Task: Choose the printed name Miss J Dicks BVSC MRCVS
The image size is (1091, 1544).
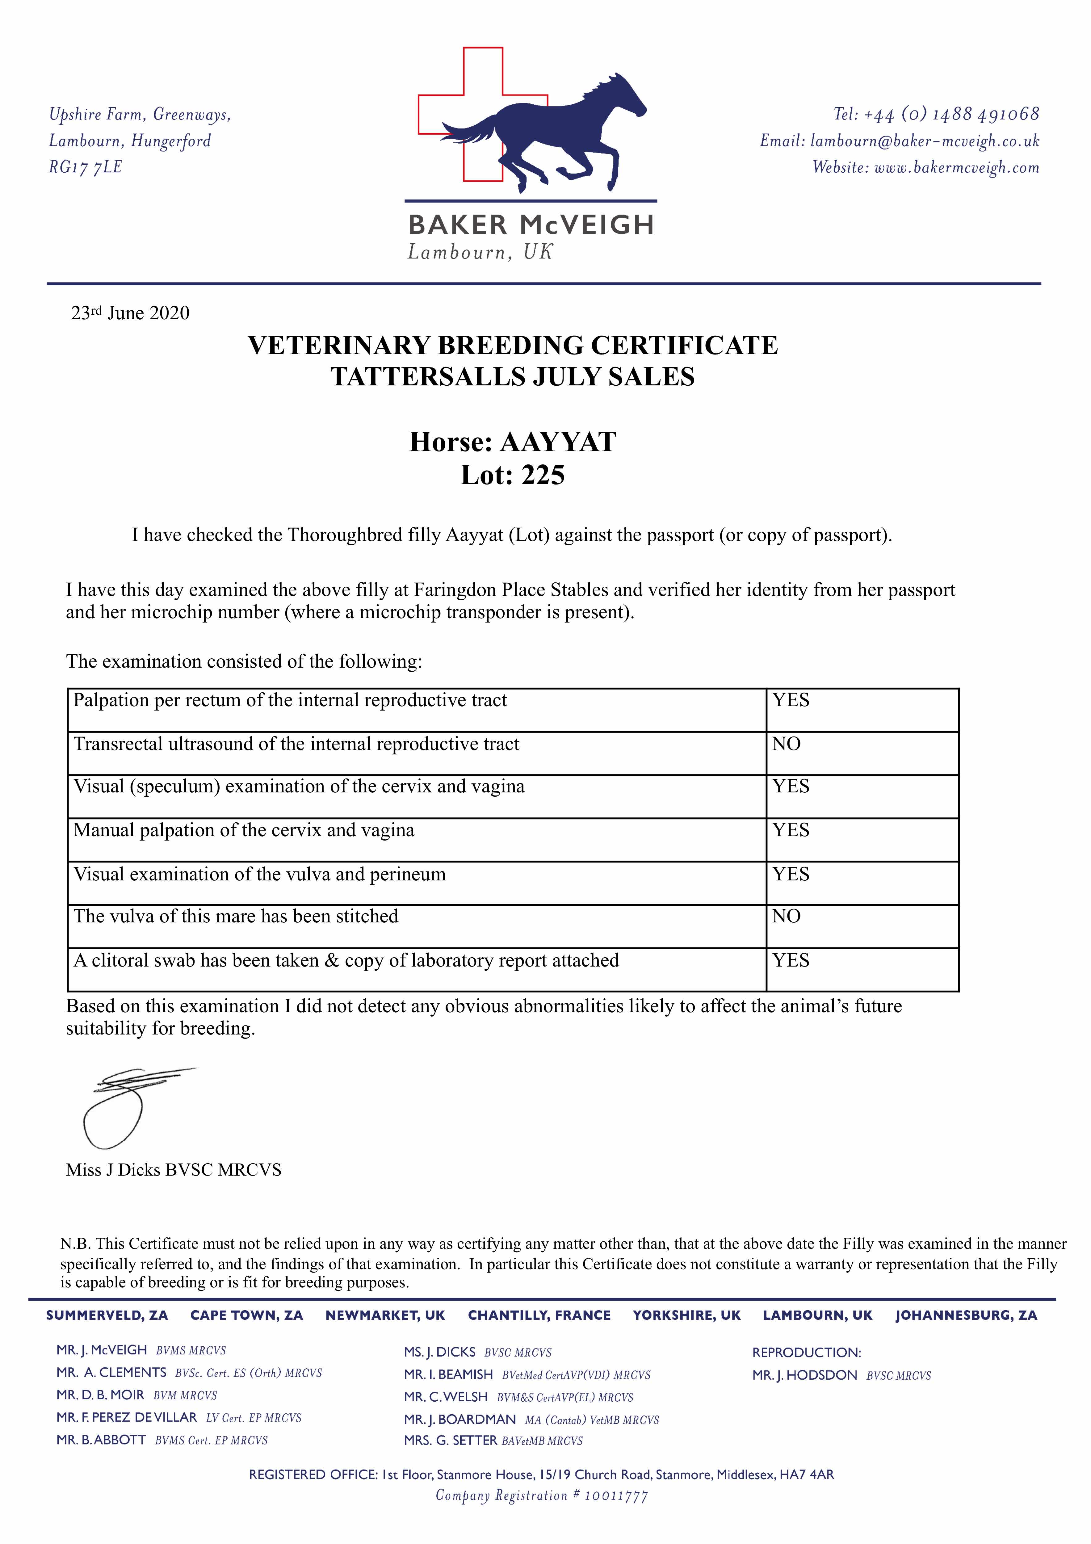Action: point(174,1170)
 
